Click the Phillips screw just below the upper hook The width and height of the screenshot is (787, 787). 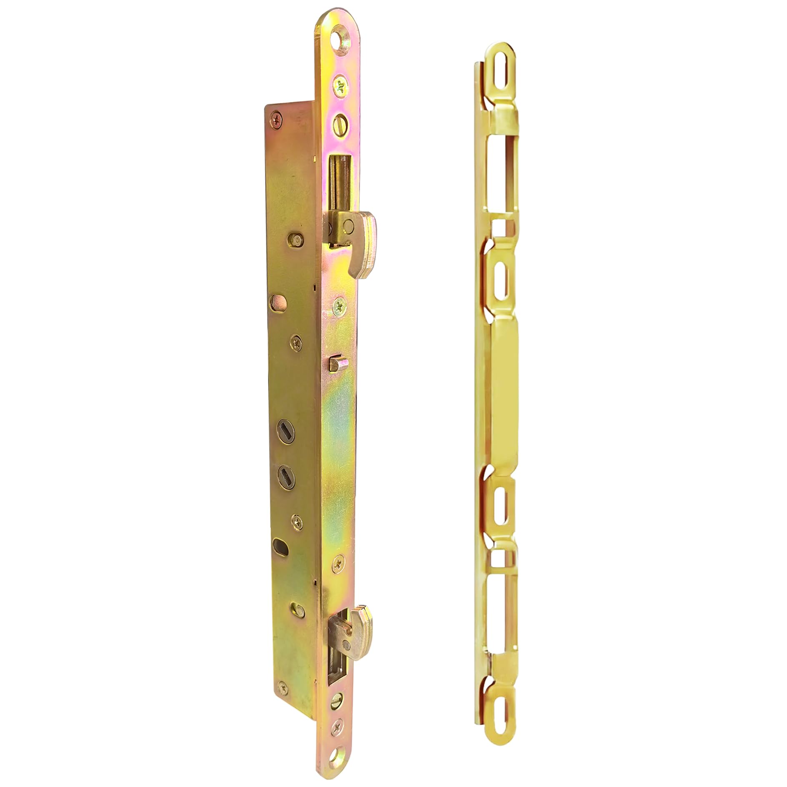point(340,306)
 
